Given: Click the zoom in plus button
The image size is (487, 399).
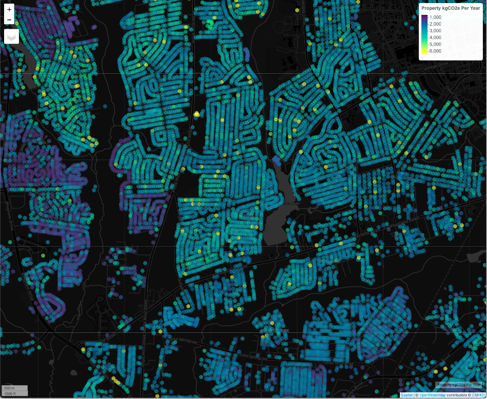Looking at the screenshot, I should pyautogui.click(x=9, y=9).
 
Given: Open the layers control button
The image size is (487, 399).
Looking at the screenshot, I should pyautogui.click(x=11, y=36).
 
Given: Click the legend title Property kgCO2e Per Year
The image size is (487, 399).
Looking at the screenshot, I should pyautogui.click(x=451, y=8).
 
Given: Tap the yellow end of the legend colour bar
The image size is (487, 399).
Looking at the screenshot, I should pyautogui.click(x=424, y=52).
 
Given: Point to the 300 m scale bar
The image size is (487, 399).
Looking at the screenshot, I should pyautogui.click(x=15, y=388).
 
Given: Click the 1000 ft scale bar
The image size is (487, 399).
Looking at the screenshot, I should pyautogui.click(x=15, y=393).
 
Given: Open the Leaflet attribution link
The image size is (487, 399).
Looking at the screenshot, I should pyautogui.click(x=407, y=395).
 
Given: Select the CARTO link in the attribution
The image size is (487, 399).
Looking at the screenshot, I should pyautogui.click(x=478, y=395).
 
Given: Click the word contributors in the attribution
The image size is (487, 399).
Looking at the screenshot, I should pyautogui.click(x=457, y=395).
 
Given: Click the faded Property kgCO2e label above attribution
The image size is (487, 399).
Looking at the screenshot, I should pyautogui.click(x=458, y=385).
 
